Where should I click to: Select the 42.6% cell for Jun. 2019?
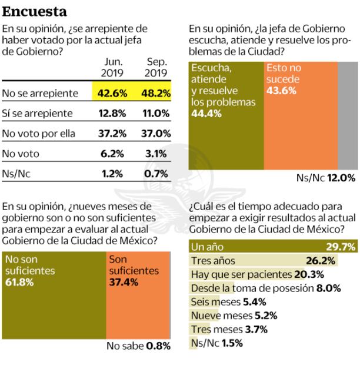click(112, 92)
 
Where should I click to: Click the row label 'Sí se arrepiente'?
click(37, 112)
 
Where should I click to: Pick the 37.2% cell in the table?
click(112, 133)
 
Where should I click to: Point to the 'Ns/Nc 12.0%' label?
click(325, 177)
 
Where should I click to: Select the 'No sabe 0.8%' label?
click(138, 346)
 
